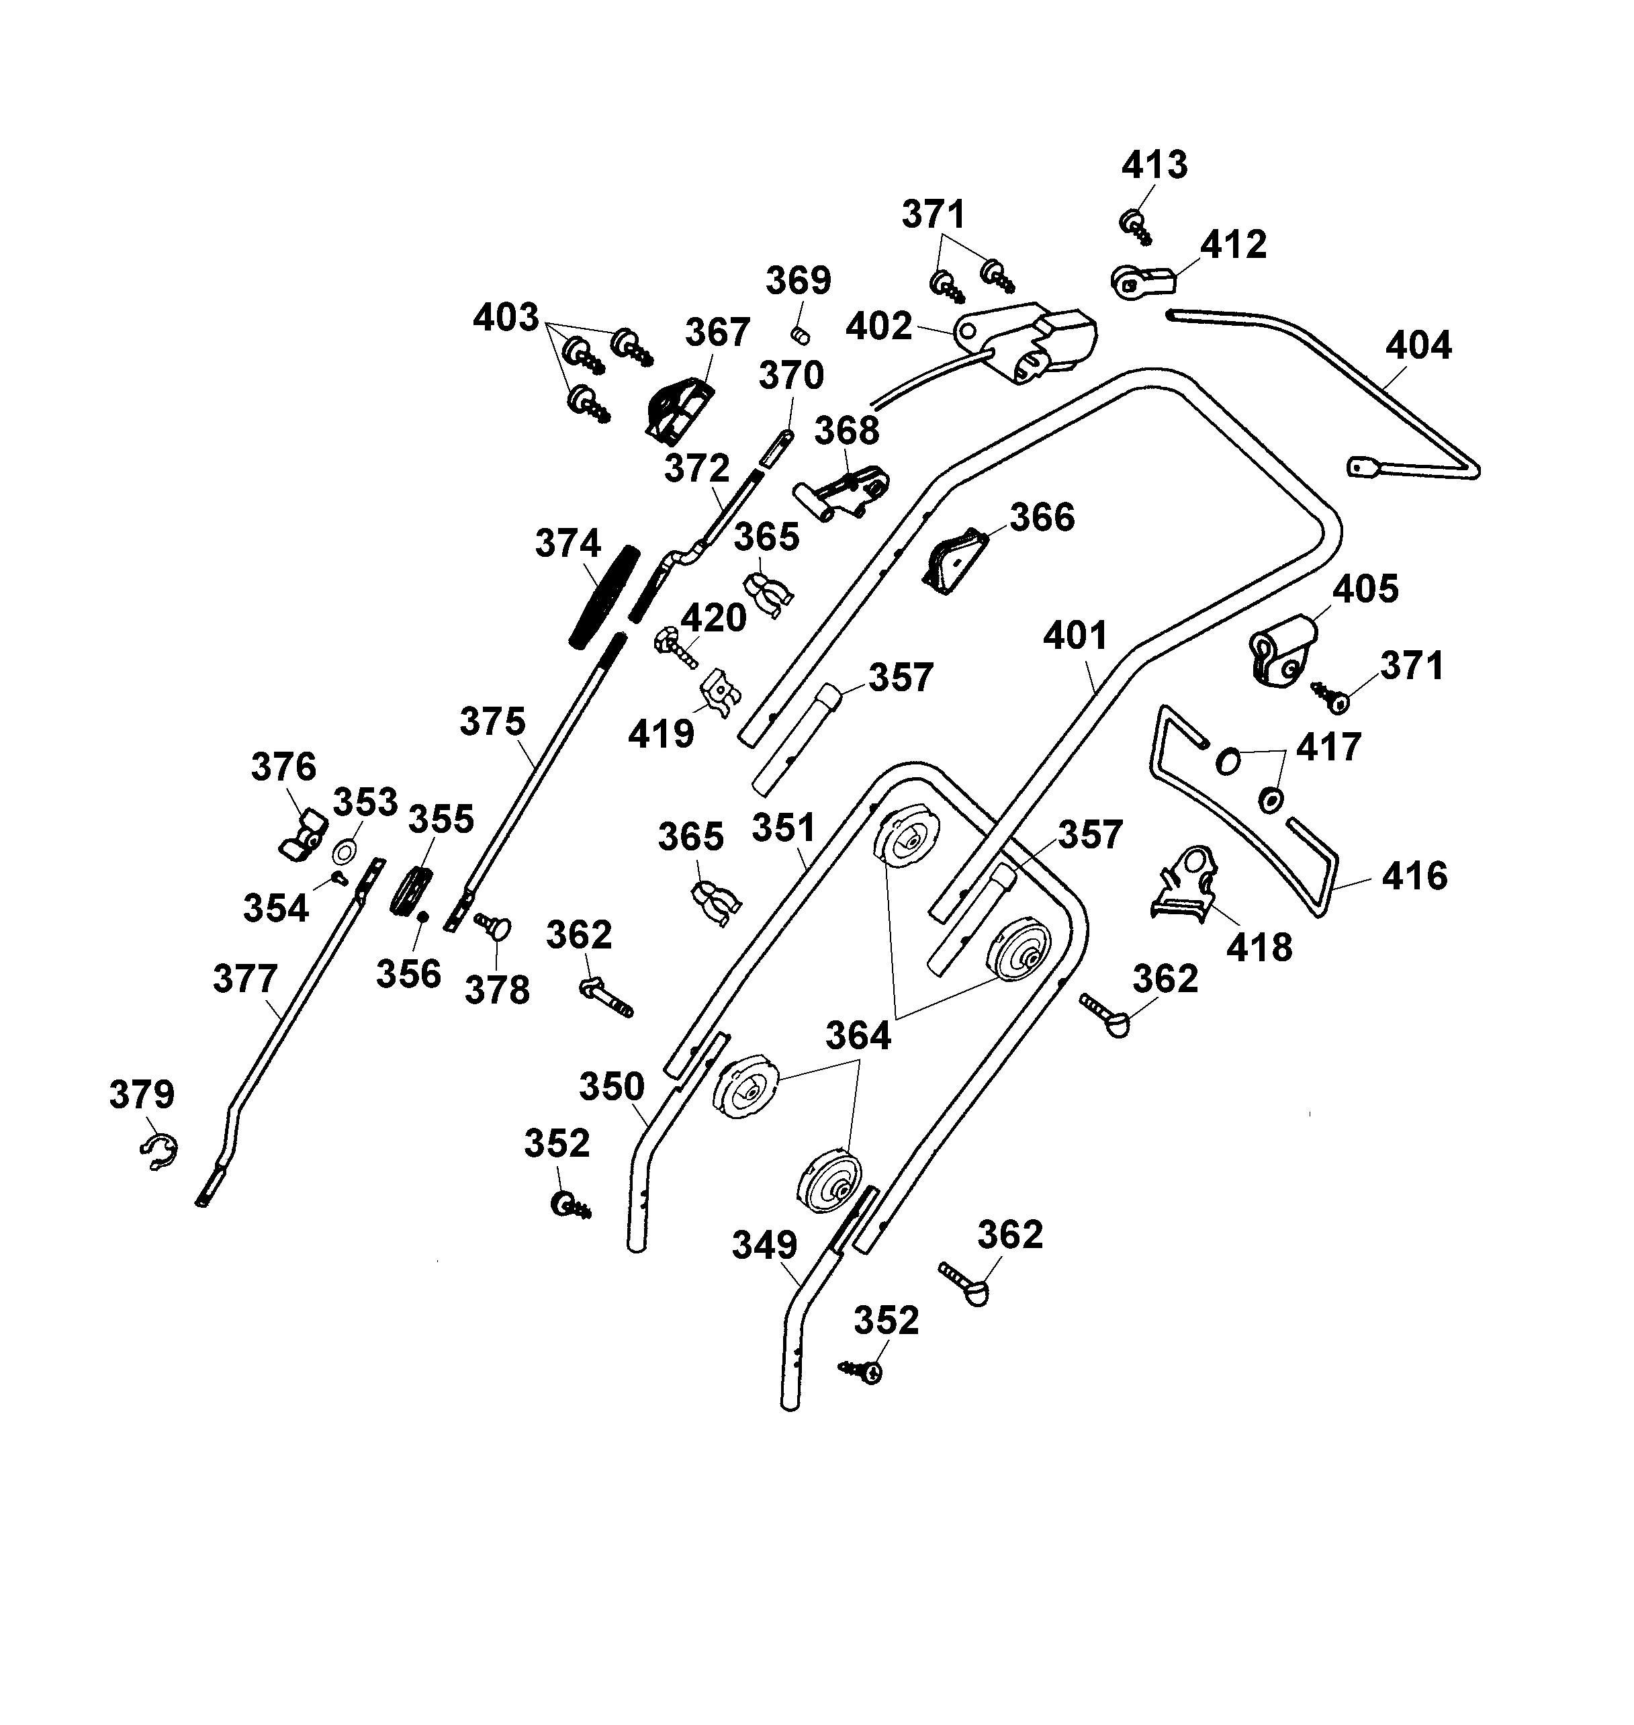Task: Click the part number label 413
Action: [1154, 165]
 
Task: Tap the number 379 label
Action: [142, 1095]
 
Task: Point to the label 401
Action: [1075, 636]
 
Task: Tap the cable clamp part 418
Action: [1186, 883]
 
